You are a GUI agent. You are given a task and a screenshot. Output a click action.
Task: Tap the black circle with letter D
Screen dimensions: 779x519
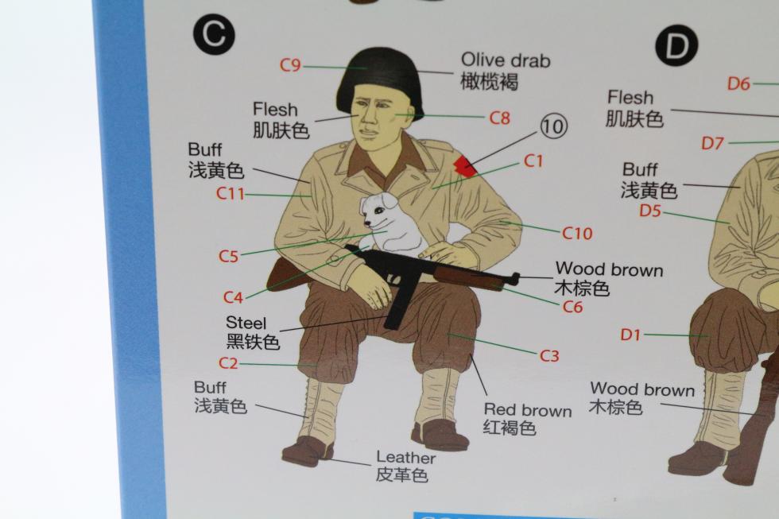pos(676,46)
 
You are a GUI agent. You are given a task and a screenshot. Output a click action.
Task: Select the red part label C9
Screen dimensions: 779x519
pos(290,65)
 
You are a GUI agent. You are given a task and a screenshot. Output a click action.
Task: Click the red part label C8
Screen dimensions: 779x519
pos(499,118)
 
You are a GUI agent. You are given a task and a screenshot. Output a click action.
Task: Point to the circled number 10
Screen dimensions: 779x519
pos(553,126)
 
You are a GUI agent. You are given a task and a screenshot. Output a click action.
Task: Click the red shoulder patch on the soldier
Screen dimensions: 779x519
pos(466,166)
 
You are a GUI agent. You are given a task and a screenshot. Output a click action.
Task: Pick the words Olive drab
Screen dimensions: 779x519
pos(506,60)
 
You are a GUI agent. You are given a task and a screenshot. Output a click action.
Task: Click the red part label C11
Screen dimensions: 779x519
pos(231,194)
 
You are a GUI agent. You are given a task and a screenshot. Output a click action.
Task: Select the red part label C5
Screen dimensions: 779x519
pos(229,256)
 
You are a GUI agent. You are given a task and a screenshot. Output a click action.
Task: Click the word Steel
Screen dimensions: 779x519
pos(246,323)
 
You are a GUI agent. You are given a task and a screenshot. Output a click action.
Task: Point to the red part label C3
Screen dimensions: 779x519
pos(549,355)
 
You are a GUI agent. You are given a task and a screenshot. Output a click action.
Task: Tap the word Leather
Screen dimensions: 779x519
pos(406,458)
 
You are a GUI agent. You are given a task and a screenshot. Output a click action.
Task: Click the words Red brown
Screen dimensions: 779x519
pos(528,410)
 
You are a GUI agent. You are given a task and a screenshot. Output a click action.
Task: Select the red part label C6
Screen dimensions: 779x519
pos(572,307)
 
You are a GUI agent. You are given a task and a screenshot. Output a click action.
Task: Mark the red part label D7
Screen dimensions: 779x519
pos(712,144)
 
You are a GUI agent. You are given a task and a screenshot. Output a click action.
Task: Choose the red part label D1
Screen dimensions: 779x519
pos(631,335)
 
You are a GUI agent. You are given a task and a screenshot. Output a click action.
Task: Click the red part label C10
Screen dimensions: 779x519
pos(577,233)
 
